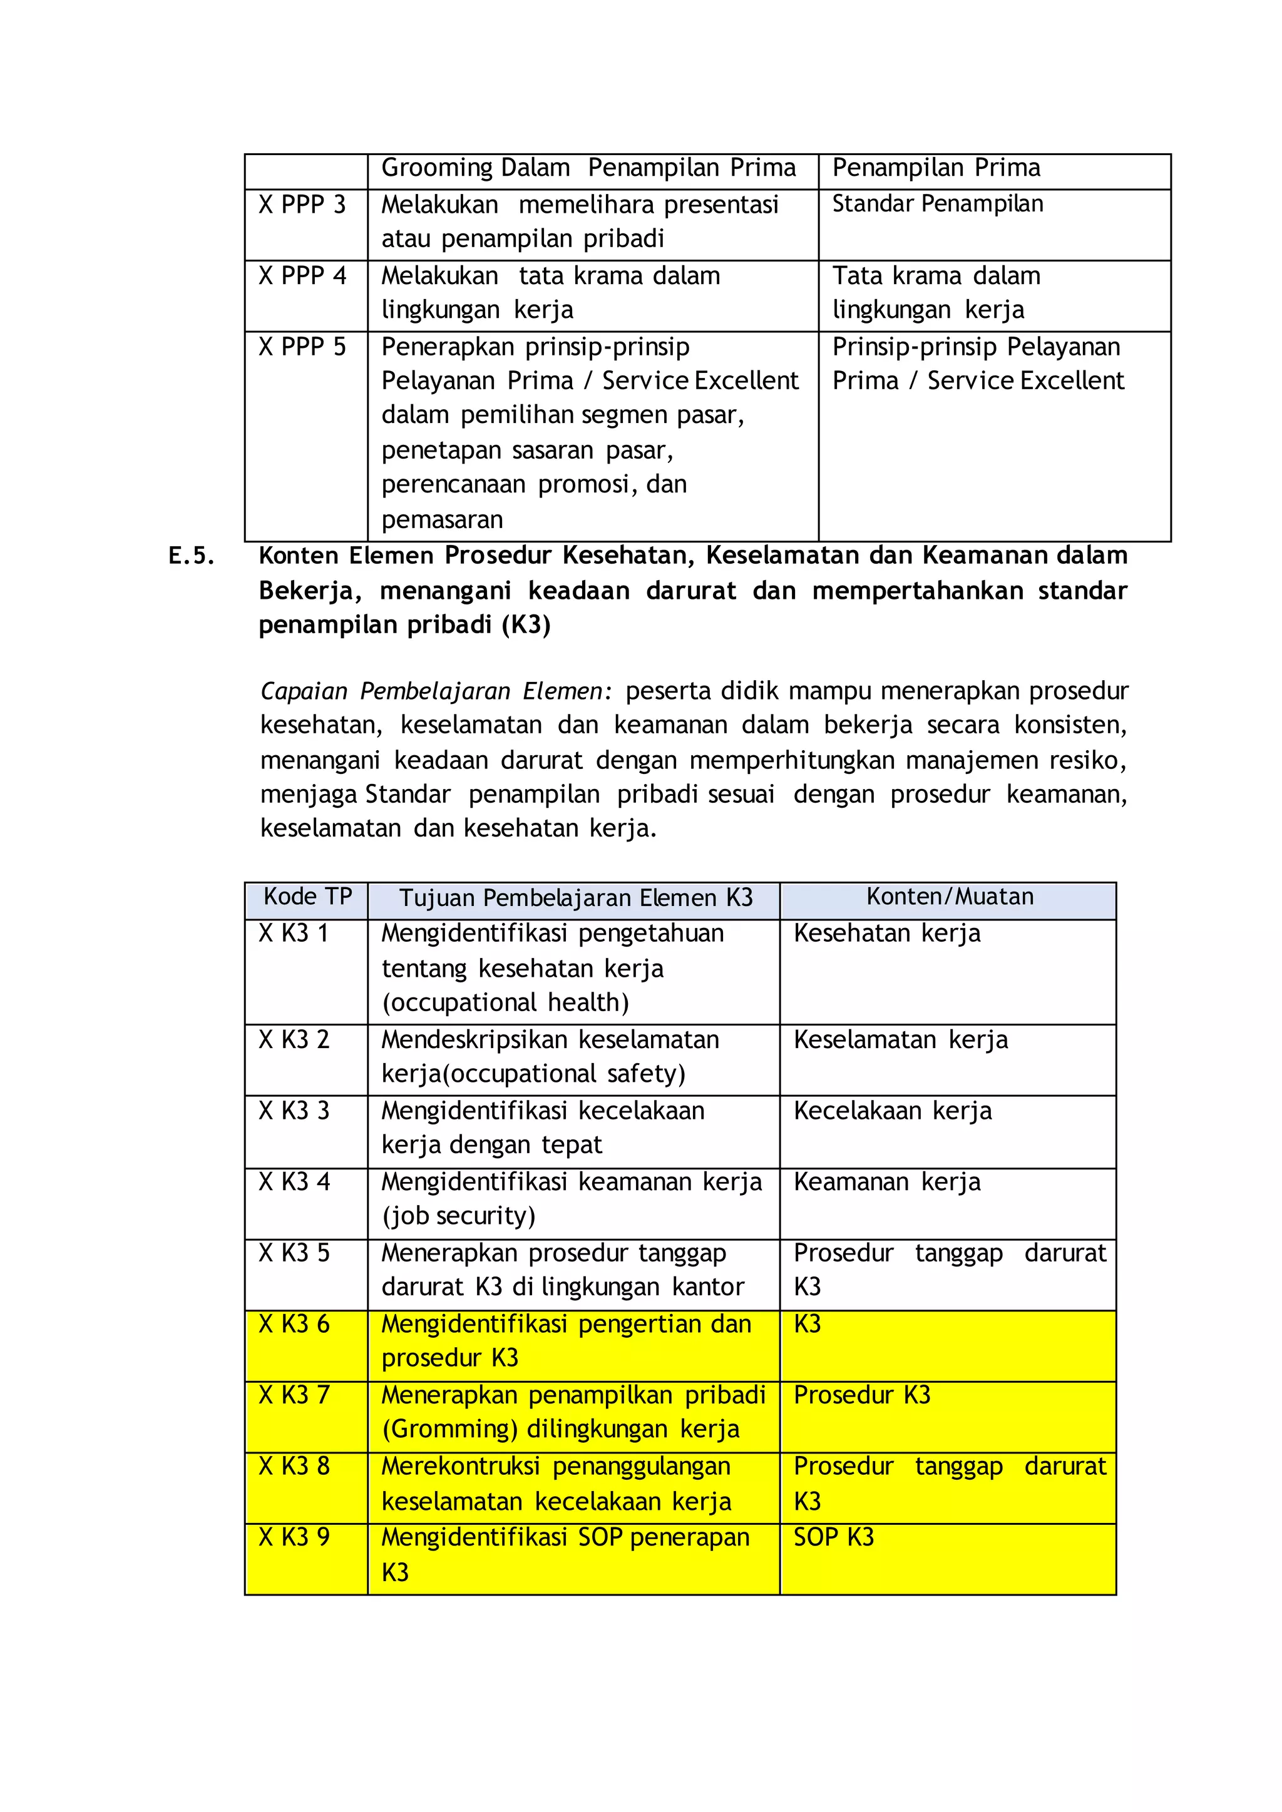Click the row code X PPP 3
point(302,205)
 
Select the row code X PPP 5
point(302,347)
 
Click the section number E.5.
point(192,556)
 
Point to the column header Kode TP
point(307,897)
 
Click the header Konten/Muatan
point(950,897)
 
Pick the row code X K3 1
point(293,934)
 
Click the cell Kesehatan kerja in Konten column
point(886,934)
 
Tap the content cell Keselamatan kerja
point(900,1040)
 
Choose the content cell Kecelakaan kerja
point(892,1111)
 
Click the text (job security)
point(459,1216)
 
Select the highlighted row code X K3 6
point(294,1325)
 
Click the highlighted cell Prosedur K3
point(861,1395)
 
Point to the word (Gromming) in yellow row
point(450,1429)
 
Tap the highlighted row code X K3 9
point(294,1537)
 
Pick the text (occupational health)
point(505,1003)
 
